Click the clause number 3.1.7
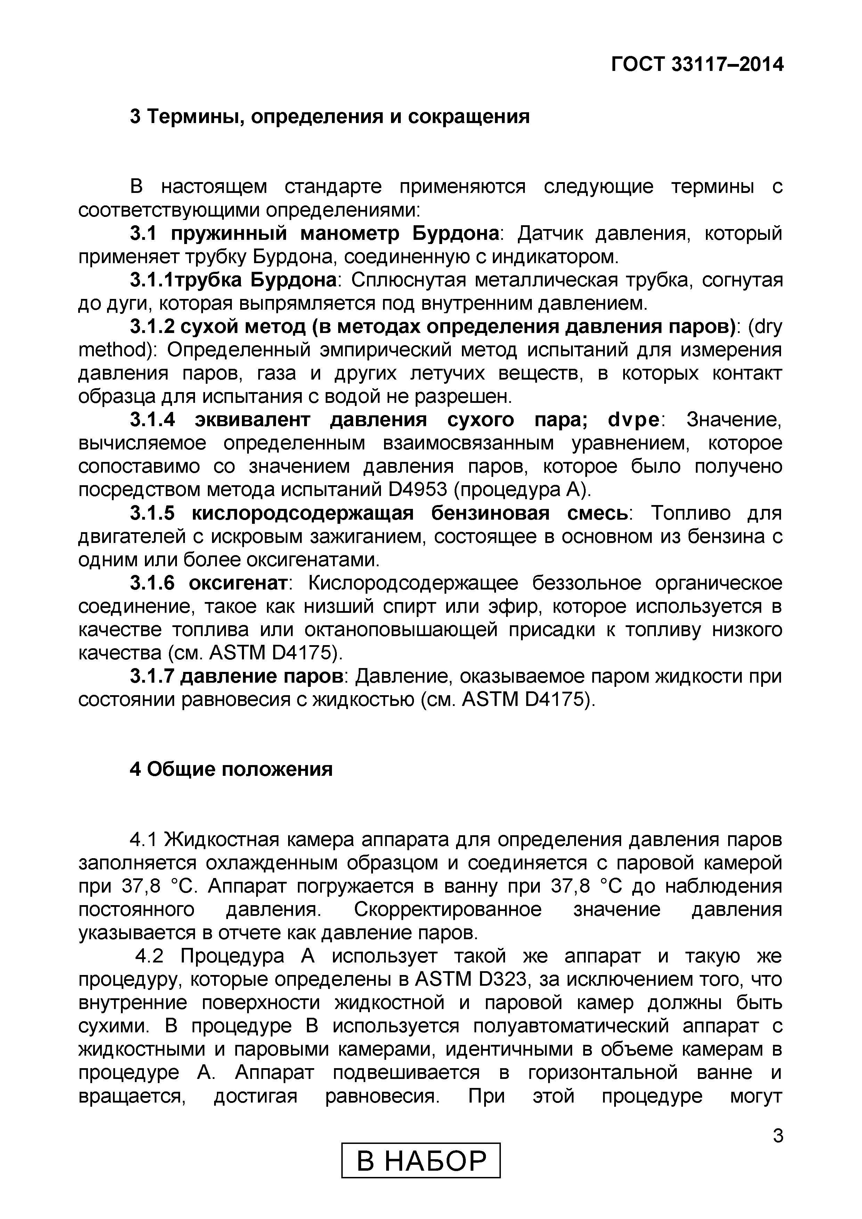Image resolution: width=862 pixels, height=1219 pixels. [152, 677]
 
